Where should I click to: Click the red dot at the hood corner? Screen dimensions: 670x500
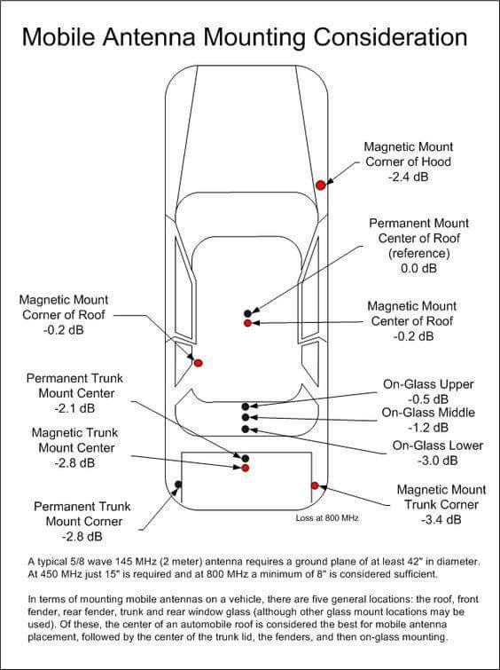(x=321, y=185)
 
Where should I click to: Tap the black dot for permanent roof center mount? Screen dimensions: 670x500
(x=248, y=313)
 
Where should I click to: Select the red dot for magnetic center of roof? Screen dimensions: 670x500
(x=248, y=323)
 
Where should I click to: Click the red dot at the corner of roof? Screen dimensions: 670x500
(x=199, y=362)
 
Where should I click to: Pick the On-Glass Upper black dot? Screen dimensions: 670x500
(x=246, y=406)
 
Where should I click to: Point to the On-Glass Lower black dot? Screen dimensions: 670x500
(x=246, y=429)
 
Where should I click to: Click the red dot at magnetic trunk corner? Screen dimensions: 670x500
(x=315, y=485)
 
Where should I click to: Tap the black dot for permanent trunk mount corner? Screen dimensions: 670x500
(x=178, y=485)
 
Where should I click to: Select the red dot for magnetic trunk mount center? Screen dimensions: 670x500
(x=246, y=468)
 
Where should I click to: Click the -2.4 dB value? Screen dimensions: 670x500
(x=408, y=177)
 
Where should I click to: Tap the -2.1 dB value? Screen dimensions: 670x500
(x=75, y=409)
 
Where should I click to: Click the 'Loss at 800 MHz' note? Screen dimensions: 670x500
(x=325, y=517)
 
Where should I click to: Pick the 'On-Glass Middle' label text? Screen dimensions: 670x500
(x=428, y=413)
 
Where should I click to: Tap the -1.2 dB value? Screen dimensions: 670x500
(x=428, y=428)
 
